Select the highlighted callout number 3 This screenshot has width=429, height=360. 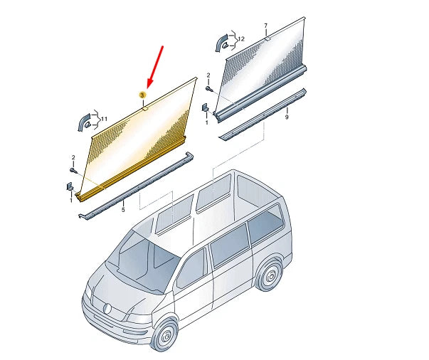142,95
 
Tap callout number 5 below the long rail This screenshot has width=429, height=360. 122,210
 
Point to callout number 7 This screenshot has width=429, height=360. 265,26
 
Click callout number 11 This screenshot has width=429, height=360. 103,119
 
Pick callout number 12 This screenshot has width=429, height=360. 240,38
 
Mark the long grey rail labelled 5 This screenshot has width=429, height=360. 135,188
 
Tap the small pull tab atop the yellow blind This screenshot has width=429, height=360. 144,108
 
